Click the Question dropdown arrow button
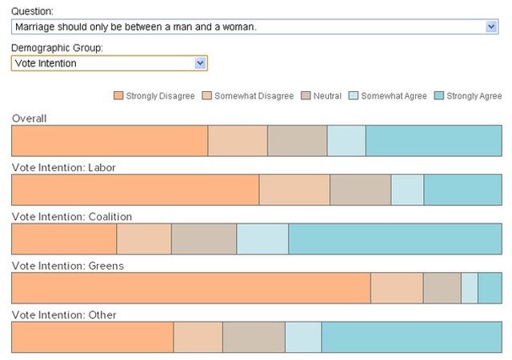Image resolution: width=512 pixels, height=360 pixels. click(x=491, y=26)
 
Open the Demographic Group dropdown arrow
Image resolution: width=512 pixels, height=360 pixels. click(x=200, y=63)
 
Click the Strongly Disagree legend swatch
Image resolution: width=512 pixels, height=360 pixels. click(x=118, y=95)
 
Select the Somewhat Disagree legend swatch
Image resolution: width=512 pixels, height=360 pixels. click(x=207, y=95)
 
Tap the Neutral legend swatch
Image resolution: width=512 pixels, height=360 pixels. click(x=306, y=95)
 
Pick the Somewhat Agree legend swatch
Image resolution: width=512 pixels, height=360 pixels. click(x=354, y=95)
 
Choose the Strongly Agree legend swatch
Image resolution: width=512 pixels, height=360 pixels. click(x=439, y=95)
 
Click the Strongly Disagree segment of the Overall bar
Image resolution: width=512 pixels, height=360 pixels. click(x=110, y=141)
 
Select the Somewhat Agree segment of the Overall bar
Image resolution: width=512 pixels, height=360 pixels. click(x=346, y=141)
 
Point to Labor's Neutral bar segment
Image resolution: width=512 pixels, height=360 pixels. click(x=361, y=190)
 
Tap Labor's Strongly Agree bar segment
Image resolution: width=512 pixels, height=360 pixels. click(x=463, y=190)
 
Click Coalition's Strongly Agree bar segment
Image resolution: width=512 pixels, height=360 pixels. click(x=395, y=239)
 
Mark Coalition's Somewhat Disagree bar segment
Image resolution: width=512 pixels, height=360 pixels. click(x=144, y=239)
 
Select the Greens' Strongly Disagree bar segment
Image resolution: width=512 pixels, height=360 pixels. click(x=191, y=288)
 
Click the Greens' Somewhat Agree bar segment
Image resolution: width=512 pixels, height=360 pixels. click(x=470, y=288)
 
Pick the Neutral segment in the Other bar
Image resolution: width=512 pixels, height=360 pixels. click(x=254, y=337)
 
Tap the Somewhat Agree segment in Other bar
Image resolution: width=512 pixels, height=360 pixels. click(x=303, y=337)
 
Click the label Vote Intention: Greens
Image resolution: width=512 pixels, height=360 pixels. click(x=68, y=266)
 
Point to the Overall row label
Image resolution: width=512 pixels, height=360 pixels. click(x=30, y=118)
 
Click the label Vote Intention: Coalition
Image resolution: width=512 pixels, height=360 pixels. click(x=72, y=217)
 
